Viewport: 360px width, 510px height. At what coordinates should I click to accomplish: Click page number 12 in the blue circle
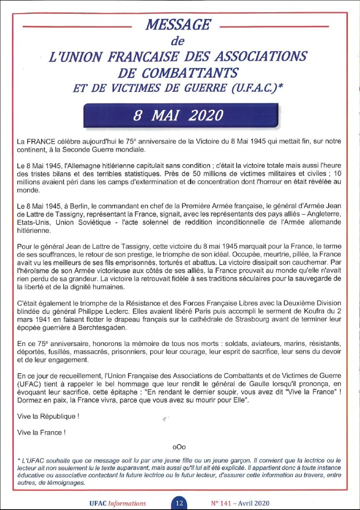pos(179,502)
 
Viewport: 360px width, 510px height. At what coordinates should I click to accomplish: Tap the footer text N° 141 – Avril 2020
pos(239,503)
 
